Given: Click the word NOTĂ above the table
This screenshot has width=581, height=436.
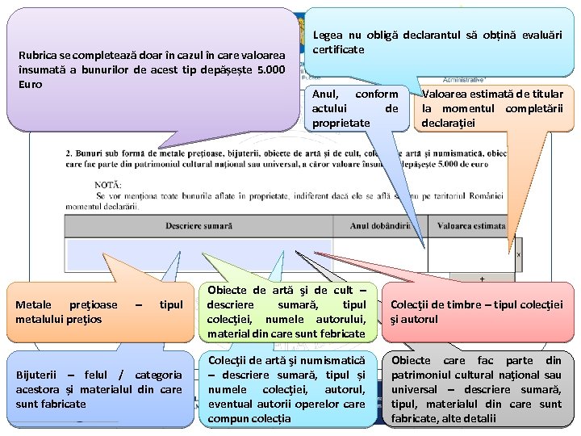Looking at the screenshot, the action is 108,185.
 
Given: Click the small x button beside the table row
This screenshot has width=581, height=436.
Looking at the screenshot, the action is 518,254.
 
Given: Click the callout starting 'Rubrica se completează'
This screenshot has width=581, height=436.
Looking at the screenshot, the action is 152,69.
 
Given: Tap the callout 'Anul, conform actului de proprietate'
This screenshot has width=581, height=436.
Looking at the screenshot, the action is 355,108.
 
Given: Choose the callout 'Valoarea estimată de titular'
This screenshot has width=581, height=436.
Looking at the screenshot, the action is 491,108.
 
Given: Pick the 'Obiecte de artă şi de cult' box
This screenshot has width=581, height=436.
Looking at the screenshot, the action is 286,312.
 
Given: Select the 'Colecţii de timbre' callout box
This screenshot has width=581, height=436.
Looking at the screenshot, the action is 476,312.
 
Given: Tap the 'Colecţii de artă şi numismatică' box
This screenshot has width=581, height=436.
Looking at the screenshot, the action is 286,389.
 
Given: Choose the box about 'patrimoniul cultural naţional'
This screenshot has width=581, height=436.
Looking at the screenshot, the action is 476,389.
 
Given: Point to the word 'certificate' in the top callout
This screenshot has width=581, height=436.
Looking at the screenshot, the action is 338,49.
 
